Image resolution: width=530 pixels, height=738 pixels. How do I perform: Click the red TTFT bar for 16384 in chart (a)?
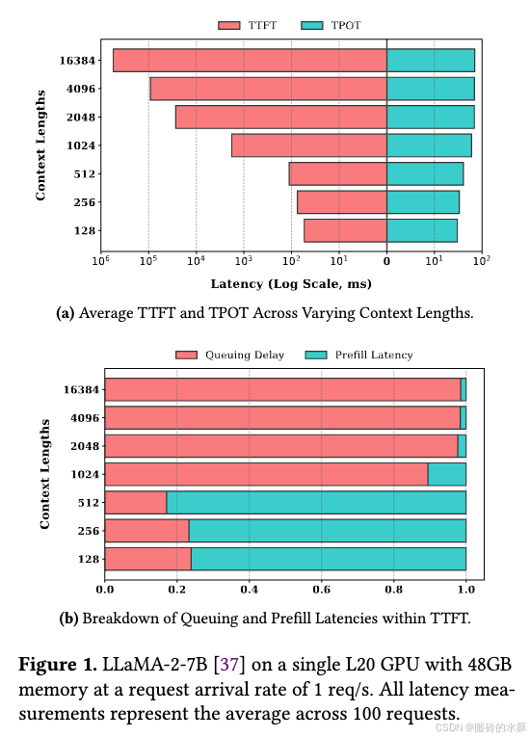(x=250, y=60)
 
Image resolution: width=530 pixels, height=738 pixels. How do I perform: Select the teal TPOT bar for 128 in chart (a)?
(x=421, y=231)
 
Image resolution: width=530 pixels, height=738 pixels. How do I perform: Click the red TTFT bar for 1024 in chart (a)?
(x=308, y=145)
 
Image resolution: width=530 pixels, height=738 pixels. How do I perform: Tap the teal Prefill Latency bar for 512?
(x=316, y=502)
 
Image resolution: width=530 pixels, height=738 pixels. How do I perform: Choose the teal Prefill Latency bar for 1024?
(x=446, y=474)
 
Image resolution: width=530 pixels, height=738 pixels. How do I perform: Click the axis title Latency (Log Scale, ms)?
(x=290, y=284)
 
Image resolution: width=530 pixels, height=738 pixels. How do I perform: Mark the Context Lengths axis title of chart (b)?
(x=44, y=474)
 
